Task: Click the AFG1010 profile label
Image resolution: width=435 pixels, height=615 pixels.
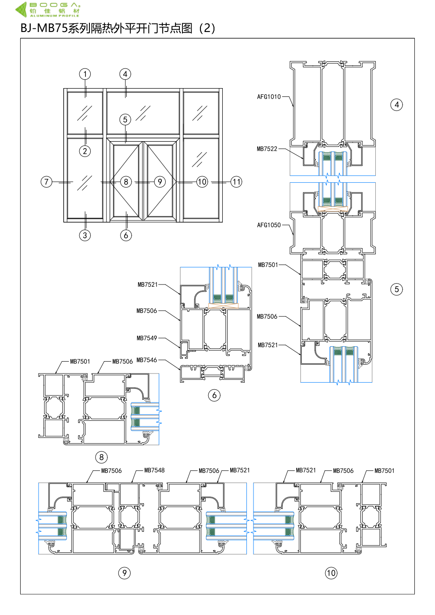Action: tap(269, 96)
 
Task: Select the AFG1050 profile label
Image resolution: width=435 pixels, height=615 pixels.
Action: tap(269, 225)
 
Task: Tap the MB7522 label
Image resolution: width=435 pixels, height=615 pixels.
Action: tap(267, 149)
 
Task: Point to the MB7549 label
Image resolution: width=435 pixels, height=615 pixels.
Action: tap(147, 338)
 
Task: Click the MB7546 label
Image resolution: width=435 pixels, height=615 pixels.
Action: tap(146, 360)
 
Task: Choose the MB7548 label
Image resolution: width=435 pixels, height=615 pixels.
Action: tap(154, 470)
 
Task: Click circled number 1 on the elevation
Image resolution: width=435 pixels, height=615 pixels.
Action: tap(85, 74)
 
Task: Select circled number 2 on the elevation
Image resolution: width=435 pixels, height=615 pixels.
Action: tap(85, 151)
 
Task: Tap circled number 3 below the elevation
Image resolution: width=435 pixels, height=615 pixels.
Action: tap(85, 235)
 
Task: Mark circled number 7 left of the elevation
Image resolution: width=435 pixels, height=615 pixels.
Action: tap(46, 182)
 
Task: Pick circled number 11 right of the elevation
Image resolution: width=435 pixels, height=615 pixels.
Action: tap(236, 182)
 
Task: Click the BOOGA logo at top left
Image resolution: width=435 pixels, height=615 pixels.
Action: tap(48, 9)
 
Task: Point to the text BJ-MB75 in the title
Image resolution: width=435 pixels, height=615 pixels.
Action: tap(44, 28)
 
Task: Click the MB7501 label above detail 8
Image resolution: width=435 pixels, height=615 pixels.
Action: tap(80, 361)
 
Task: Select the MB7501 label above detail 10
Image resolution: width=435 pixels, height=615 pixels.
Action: tap(385, 471)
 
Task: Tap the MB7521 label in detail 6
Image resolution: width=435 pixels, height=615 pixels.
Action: tap(148, 284)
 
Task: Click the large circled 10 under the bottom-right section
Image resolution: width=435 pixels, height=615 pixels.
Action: tap(331, 573)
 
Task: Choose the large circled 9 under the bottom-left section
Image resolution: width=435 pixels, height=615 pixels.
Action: tap(125, 573)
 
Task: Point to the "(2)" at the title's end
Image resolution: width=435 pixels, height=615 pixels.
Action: tap(207, 28)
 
